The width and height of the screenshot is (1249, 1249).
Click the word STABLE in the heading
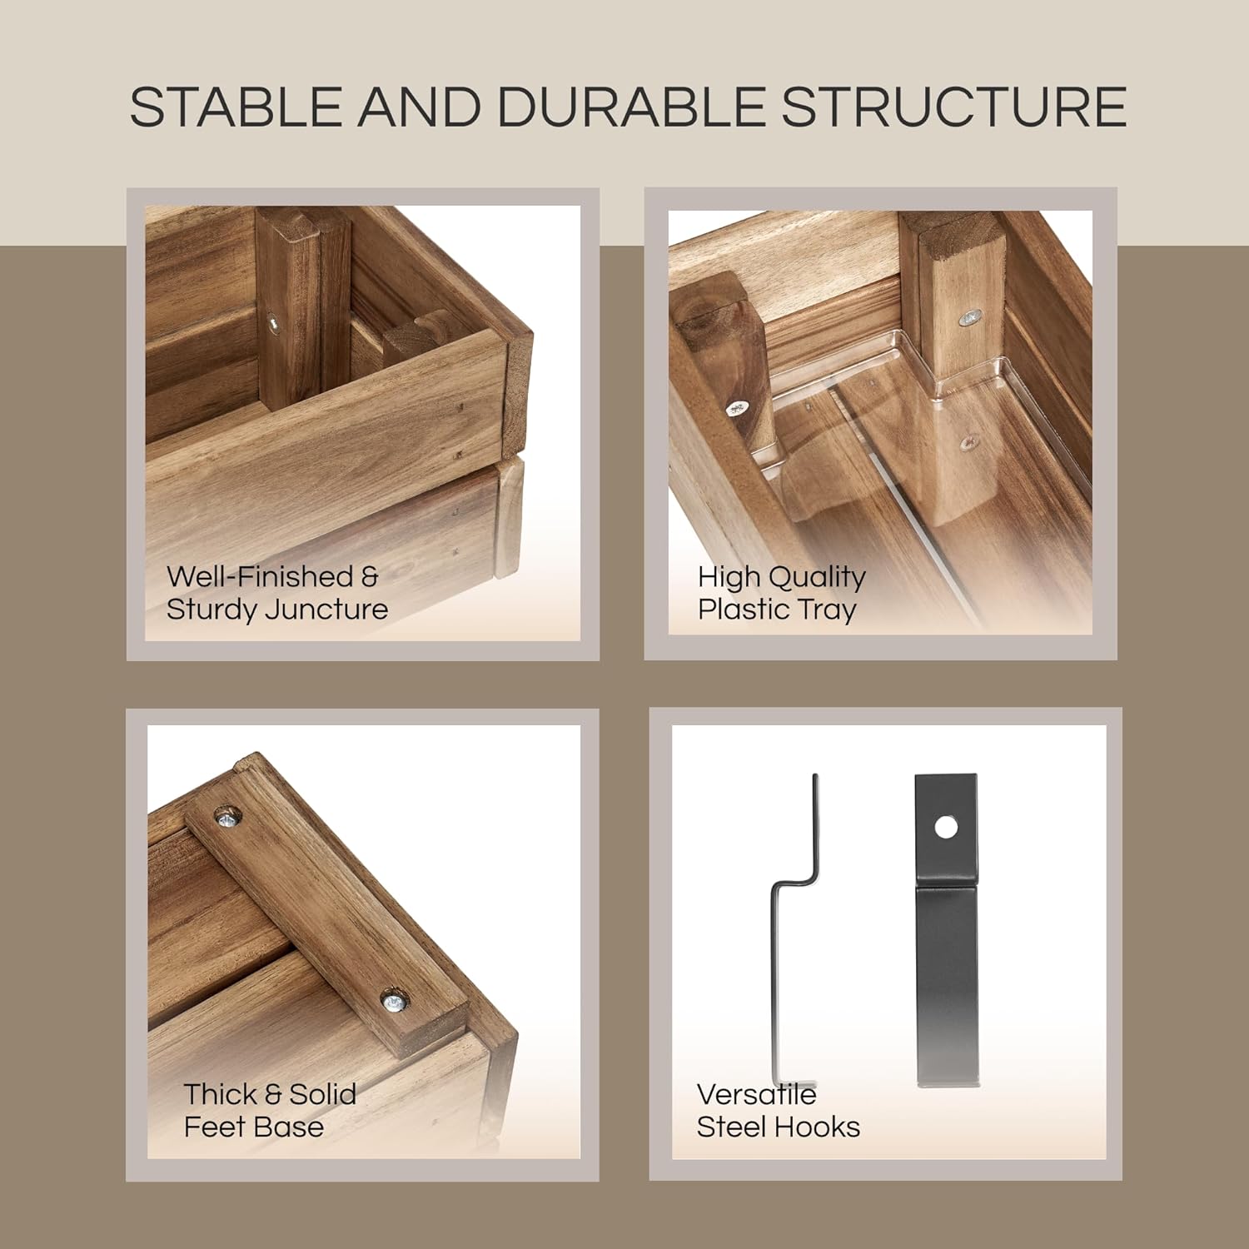[x=236, y=107]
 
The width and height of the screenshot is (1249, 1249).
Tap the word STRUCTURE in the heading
[x=955, y=107]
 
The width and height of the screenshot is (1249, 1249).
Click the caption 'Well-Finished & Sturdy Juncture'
[x=277, y=593]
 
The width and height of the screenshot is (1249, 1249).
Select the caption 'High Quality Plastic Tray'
[x=782, y=593]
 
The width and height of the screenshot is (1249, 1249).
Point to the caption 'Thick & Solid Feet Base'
[x=270, y=1110]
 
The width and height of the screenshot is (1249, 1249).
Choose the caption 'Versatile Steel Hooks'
[x=779, y=1110]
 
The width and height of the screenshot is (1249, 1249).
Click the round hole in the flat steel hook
[x=945, y=827]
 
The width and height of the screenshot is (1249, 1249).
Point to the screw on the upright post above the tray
[x=970, y=318]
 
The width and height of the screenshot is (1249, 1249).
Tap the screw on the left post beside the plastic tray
[x=737, y=408]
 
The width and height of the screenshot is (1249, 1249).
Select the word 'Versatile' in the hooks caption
[x=756, y=1094]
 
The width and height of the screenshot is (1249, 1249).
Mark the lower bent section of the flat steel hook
[x=948, y=987]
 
